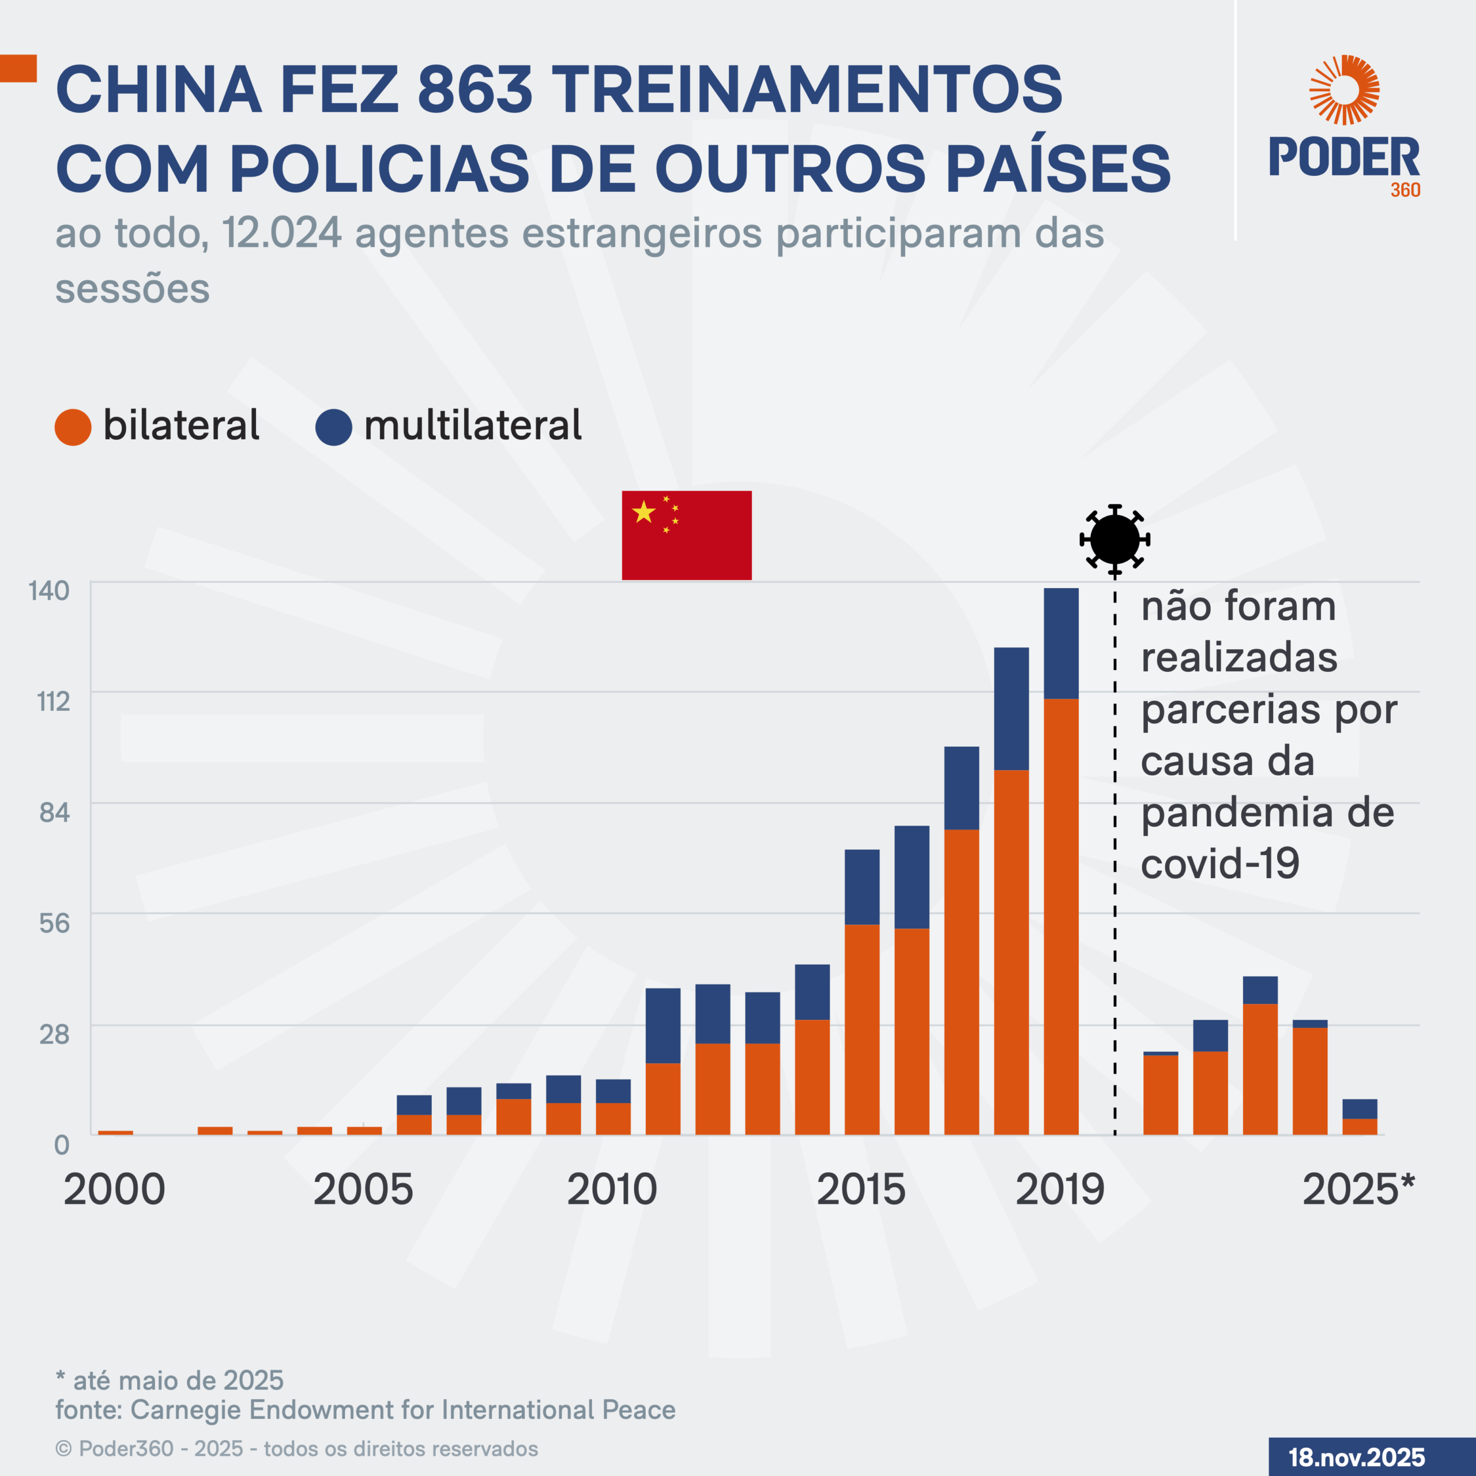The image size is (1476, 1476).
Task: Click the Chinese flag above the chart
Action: click(x=686, y=535)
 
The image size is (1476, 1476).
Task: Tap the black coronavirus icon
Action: click(x=1114, y=539)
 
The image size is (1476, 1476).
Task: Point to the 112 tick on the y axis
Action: click(x=54, y=701)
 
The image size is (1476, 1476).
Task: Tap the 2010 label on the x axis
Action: click(x=612, y=1189)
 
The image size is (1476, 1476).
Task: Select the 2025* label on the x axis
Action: click(x=1358, y=1189)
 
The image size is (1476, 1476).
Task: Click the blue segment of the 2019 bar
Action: click(x=1061, y=643)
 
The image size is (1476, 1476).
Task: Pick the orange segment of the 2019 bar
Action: click(x=1061, y=917)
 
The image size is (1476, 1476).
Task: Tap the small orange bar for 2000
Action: click(x=115, y=1132)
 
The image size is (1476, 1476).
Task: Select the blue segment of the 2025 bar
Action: click(x=1360, y=1109)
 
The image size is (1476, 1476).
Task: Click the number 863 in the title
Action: click(x=475, y=89)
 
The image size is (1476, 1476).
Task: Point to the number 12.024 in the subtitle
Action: click(x=282, y=233)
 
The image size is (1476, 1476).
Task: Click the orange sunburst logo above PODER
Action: click(x=1344, y=89)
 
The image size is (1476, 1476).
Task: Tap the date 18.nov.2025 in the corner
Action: click(x=1357, y=1457)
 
